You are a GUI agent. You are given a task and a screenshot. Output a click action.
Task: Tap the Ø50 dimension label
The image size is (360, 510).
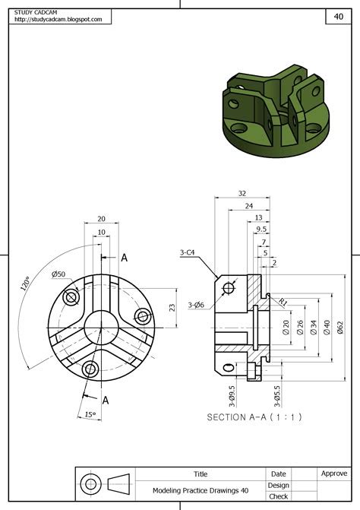(x=58, y=274)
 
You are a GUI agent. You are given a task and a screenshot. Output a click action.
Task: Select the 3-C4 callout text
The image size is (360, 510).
(x=189, y=252)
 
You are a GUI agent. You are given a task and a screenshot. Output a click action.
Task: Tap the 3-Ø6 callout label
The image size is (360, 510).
(x=197, y=306)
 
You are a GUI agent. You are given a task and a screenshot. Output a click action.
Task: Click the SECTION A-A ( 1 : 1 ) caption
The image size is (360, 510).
(x=254, y=417)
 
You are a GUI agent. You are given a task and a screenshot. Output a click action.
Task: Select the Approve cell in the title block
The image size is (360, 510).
(x=334, y=473)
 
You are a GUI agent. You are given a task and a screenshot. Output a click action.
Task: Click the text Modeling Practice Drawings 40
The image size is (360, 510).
(x=201, y=491)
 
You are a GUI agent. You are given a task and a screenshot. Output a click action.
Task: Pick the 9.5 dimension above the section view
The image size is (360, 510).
(x=261, y=228)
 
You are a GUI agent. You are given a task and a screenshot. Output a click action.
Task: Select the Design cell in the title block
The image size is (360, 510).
(x=278, y=485)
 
